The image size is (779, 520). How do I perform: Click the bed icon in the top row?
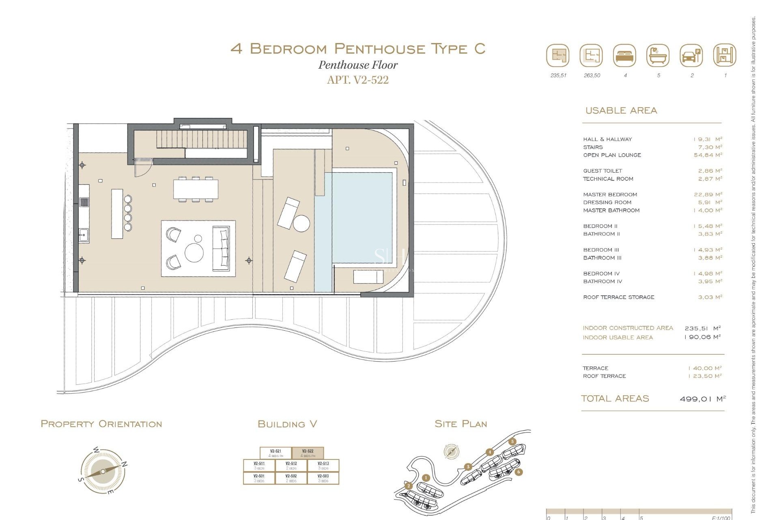coord(625,56)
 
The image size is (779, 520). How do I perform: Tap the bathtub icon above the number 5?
coord(658,56)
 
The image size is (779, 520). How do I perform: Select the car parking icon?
coord(691,56)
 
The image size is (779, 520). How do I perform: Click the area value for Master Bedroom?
coord(708,195)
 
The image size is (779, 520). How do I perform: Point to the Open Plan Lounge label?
coord(612,155)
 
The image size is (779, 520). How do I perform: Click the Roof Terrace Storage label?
coord(618,297)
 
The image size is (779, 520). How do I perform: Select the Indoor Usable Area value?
coord(702,337)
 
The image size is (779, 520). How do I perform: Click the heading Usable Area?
coord(621,110)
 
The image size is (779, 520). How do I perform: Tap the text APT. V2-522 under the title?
coord(357,80)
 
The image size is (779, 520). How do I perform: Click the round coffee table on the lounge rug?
coord(194,253)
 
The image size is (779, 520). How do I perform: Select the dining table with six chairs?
coord(196,189)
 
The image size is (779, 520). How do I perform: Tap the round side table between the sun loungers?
coord(301,223)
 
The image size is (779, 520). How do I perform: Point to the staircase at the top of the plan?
coord(201,139)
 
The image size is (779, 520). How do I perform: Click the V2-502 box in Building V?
coord(291,478)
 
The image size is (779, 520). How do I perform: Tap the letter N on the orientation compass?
coord(125,464)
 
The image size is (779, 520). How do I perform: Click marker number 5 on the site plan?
coord(512,442)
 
